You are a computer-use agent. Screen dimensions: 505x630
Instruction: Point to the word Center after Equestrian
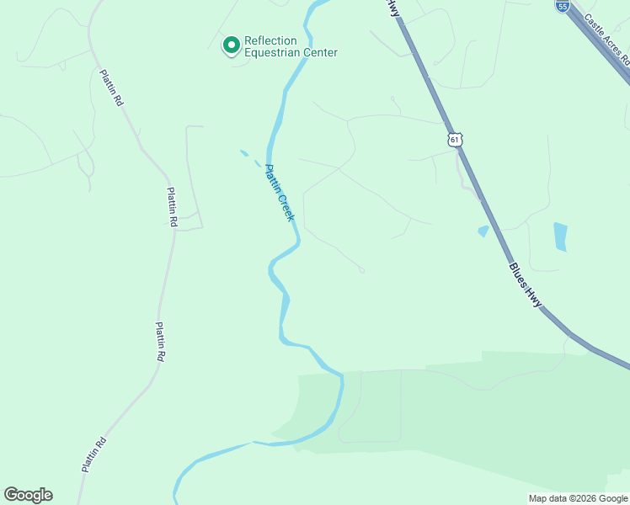coord(320,53)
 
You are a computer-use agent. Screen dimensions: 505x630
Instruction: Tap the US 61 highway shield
coord(456,139)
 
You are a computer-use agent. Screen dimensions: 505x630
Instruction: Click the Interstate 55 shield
coord(562,5)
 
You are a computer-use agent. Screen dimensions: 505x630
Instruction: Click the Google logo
coord(28,495)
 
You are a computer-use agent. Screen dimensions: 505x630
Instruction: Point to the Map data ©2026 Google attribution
coord(577,498)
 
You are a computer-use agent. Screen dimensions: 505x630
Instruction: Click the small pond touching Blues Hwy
coord(483,231)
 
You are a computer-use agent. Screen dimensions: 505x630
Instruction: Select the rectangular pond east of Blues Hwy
coord(560,237)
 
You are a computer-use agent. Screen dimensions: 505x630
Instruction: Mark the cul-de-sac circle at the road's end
coord(361,270)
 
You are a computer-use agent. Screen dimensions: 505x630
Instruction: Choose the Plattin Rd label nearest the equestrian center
coord(111,86)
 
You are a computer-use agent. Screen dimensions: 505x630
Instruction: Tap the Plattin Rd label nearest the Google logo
coord(93,454)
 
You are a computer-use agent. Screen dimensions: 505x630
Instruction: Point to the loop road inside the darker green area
coord(370,407)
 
